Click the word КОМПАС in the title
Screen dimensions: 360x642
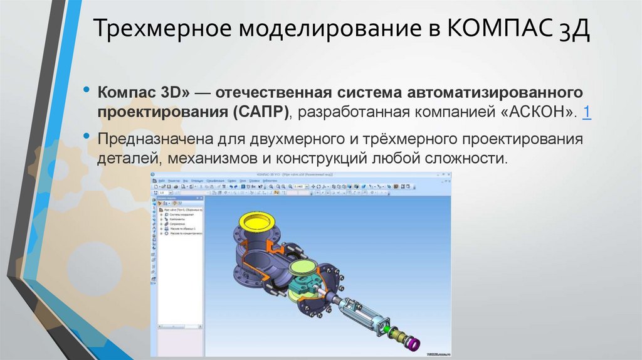(495, 30)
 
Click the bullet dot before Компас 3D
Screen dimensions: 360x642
(86, 90)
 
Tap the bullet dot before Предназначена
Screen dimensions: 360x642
(86, 135)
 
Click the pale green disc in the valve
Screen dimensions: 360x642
(304, 268)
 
